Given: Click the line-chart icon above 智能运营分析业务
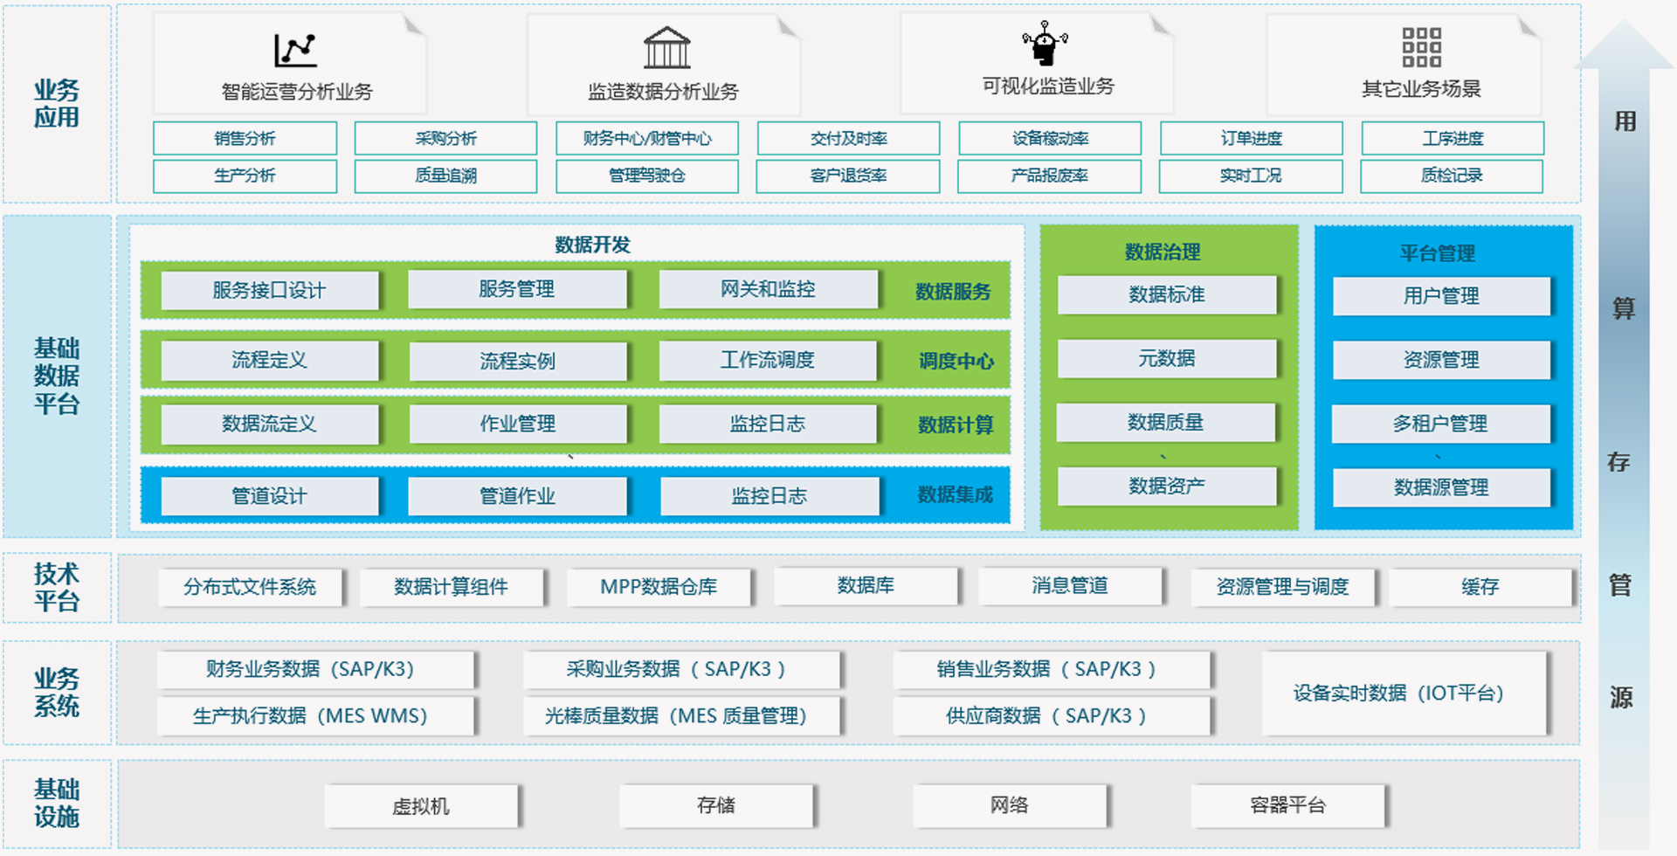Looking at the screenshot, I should (295, 50).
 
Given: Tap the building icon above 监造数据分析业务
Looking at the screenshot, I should (666, 48).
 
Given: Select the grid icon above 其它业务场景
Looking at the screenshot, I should (1421, 47).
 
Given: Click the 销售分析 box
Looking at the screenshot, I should (245, 138).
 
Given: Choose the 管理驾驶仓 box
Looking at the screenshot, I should (646, 176).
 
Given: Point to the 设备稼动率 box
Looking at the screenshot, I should (1050, 138).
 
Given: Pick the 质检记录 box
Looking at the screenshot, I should (1452, 176).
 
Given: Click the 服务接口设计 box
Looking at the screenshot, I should (269, 290).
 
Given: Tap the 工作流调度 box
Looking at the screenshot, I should (767, 360).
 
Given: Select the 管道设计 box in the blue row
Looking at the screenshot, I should (269, 496).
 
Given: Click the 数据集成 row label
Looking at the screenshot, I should (955, 495).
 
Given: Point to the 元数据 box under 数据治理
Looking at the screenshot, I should (1166, 358).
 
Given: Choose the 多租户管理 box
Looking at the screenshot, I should (1440, 424).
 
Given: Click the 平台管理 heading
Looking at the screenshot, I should (1437, 253).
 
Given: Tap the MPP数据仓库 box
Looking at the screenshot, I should (659, 587).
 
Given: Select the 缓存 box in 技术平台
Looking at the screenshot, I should (1480, 587).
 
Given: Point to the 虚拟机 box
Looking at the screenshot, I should (421, 806).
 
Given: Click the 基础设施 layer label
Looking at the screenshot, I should (57, 804).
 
